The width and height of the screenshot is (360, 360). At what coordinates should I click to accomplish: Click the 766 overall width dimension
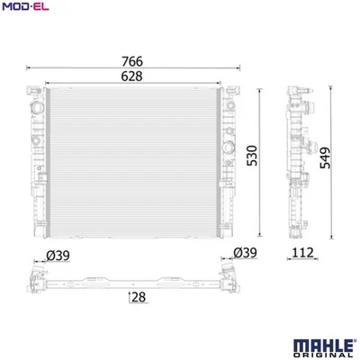point(133,61)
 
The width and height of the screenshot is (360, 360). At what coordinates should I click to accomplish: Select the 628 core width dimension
point(133,77)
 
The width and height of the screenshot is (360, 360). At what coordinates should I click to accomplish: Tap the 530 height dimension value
point(254,158)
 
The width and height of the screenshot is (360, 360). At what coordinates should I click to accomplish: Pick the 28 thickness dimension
point(139,297)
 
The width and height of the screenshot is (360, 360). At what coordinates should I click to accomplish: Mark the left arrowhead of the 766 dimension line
point(30,68)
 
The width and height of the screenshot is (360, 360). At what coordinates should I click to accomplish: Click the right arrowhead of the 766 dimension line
point(239,68)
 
